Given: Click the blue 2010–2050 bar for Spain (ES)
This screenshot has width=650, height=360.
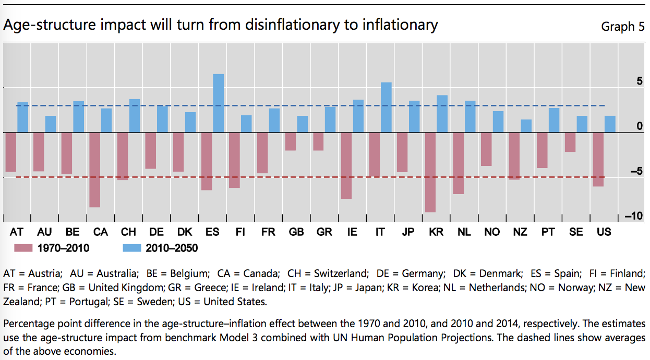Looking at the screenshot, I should [218, 103].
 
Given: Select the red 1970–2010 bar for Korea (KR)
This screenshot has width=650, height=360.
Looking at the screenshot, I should [430, 172].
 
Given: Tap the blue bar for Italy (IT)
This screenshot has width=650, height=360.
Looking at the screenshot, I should [386, 107].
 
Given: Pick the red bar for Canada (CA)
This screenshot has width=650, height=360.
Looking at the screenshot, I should [94, 170].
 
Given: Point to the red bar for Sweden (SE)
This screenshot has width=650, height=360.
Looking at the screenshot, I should [570, 142].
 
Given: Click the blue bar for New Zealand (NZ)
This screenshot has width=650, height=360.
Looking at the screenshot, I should [526, 126].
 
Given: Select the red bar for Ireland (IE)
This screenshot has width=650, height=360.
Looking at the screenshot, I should [346, 165].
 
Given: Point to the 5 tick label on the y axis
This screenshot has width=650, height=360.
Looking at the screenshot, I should [639, 81].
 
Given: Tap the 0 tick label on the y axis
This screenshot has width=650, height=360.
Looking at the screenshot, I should [640, 126].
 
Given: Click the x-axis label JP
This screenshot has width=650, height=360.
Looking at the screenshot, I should [408, 232].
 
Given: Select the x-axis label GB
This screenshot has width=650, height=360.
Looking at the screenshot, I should [296, 232].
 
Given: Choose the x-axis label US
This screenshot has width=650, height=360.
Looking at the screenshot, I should [604, 232].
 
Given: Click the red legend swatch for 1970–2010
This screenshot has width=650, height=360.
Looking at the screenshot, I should [23, 248].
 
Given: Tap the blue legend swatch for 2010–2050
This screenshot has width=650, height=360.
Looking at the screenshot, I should [133, 248].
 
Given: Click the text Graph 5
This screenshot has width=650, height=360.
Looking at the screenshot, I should [622, 27].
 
